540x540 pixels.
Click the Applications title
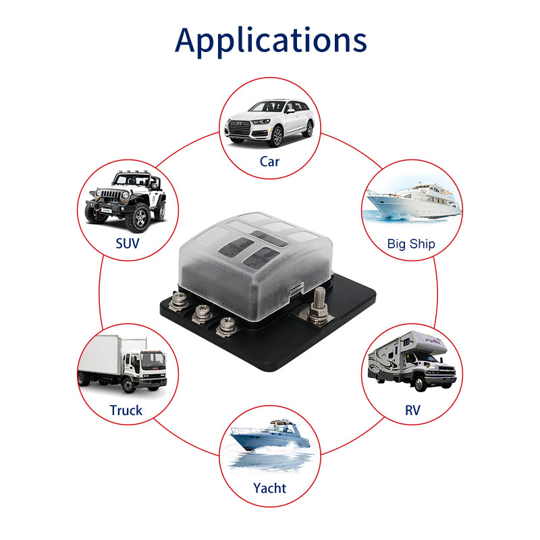[x=270, y=40]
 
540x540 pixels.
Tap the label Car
[x=269, y=161]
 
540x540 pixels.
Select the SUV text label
[x=127, y=243]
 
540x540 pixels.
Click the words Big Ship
[x=411, y=244]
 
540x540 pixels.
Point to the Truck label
[x=126, y=410]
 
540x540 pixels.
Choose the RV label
[x=412, y=410]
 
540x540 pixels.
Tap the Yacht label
[x=269, y=487]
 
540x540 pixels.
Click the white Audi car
[x=270, y=122]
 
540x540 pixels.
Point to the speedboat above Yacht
[x=269, y=437]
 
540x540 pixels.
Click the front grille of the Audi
[x=238, y=128]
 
